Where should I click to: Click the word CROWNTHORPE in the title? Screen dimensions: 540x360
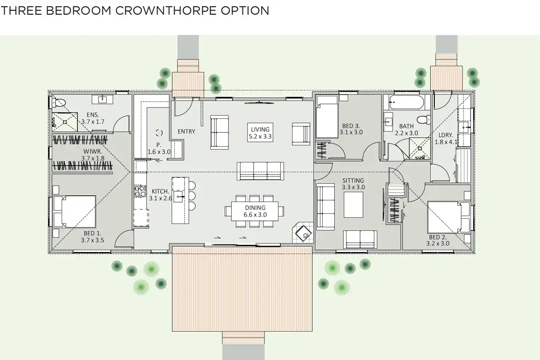[166, 11]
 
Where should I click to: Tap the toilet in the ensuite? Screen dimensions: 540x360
[58, 103]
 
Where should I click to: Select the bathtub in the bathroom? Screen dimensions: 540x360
[406, 102]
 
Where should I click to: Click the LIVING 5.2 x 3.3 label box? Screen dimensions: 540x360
[260, 133]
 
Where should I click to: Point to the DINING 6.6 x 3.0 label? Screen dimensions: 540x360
[255, 211]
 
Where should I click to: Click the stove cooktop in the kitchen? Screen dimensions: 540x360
[140, 191]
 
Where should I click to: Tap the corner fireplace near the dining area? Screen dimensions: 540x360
[303, 233]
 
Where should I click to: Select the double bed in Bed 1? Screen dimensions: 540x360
[75, 211]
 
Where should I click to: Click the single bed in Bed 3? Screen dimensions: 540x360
[327, 117]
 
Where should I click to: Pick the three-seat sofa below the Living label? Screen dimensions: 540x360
[261, 171]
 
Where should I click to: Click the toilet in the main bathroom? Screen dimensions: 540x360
[423, 120]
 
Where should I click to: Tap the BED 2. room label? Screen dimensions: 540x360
[438, 240]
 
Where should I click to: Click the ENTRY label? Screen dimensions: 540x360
[186, 131]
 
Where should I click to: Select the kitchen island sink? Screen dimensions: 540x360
[178, 197]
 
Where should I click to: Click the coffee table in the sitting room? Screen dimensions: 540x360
[353, 205]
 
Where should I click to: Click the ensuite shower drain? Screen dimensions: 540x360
[65, 122]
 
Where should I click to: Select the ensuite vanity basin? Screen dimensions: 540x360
[103, 99]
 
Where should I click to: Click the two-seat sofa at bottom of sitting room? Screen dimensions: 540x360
[360, 239]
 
